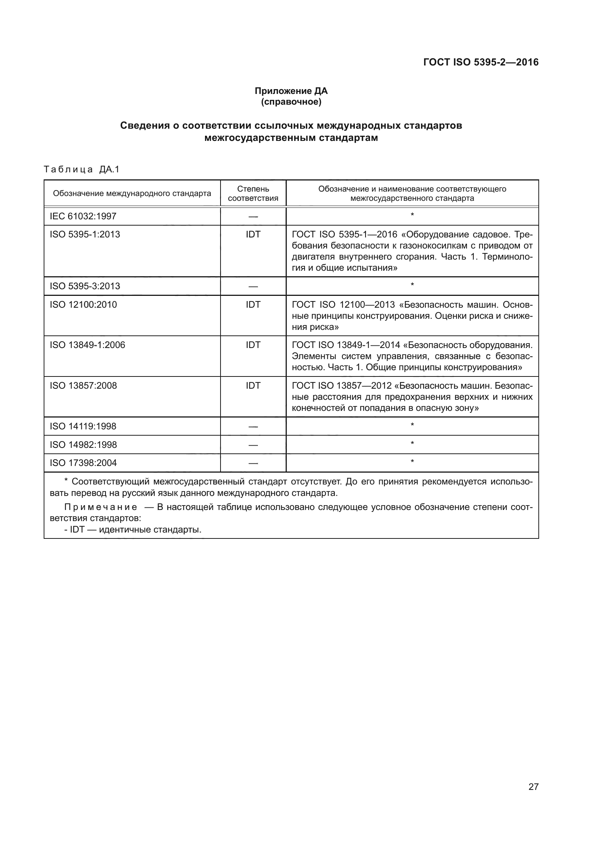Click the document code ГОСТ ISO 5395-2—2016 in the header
click(x=481, y=62)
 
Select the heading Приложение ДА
click(x=291, y=91)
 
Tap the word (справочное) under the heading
click(x=291, y=102)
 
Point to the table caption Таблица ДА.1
click(x=81, y=169)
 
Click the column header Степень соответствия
click(x=253, y=193)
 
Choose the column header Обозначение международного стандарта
click(x=132, y=194)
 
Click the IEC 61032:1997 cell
click(x=83, y=216)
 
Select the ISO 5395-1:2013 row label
click(x=85, y=234)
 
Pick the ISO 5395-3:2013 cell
click(x=85, y=286)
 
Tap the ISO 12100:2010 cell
click(x=83, y=304)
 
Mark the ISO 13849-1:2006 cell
click(x=87, y=345)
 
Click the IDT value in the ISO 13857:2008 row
click(x=253, y=385)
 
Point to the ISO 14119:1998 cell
click(x=83, y=426)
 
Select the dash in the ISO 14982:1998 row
click(x=253, y=445)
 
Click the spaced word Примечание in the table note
click(x=101, y=507)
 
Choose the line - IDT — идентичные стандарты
click(x=133, y=530)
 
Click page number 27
click(x=533, y=787)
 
